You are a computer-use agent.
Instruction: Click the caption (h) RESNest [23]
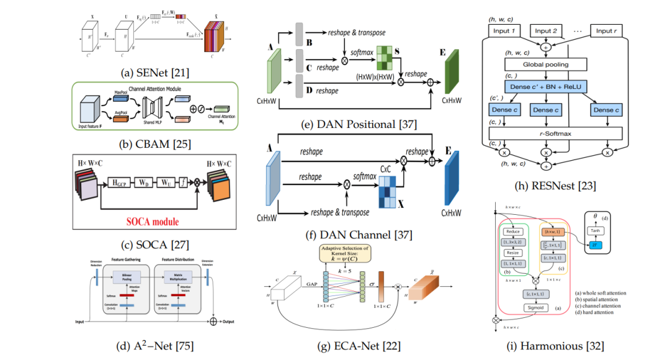(549, 184)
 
